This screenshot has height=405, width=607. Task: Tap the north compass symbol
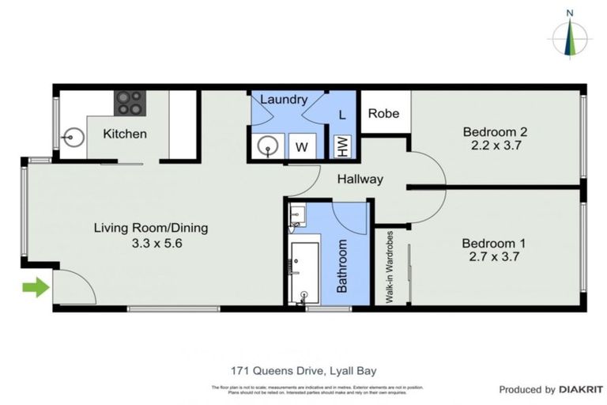(x=570, y=36)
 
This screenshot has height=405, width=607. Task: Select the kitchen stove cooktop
(x=129, y=102)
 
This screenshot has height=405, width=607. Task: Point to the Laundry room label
(x=283, y=100)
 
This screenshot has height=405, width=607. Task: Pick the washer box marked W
(x=302, y=146)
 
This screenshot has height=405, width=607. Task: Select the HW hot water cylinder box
(x=342, y=146)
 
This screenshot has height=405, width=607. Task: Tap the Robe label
(x=384, y=113)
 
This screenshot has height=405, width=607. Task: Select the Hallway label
(x=360, y=179)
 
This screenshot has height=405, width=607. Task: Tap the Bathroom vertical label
(x=342, y=267)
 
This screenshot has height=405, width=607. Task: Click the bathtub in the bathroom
(x=303, y=272)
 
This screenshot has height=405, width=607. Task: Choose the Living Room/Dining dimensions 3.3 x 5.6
(x=150, y=243)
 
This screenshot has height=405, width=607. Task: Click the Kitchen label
(x=125, y=134)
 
